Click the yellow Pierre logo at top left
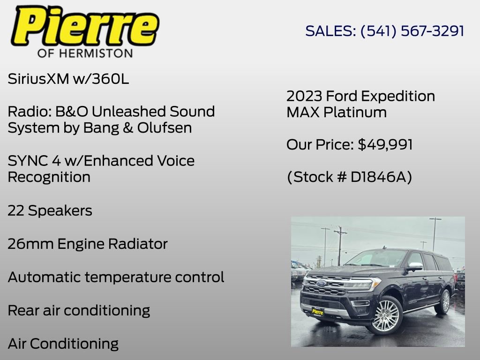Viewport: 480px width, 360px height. click(x=85, y=26)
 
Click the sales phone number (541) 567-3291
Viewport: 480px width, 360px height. click(x=412, y=31)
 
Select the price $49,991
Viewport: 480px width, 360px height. click(x=385, y=145)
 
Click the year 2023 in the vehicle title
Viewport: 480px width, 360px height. click(x=304, y=96)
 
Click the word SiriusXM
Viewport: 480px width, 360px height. click(x=38, y=79)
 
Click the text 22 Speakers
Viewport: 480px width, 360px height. click(x=50, y=211)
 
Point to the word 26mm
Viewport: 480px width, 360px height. click(x=30, y=244)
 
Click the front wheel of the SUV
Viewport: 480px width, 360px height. click(x=385, y=315)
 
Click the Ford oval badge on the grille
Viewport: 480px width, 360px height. click(x=321, y=283)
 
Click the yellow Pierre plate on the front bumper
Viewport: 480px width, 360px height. click(x=317, y=311)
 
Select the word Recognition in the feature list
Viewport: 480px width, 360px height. click(x=49, y=177)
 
